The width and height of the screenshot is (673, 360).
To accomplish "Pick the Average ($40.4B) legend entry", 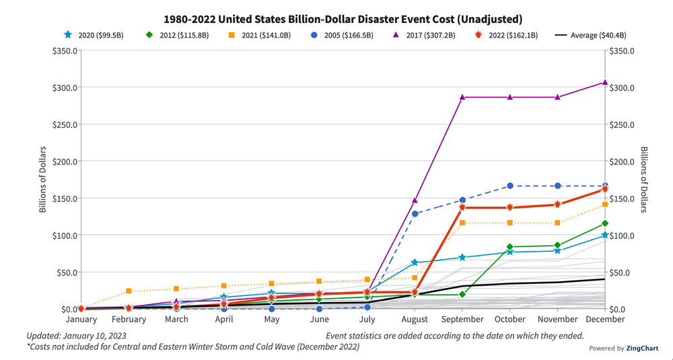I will [589, 36].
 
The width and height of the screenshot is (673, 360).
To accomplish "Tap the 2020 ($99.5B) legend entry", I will [95, 36].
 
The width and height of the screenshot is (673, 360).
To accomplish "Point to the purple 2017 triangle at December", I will [604, 82].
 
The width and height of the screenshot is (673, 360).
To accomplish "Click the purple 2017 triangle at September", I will [462, 98].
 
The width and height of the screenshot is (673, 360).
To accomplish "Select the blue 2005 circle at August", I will [415, 214].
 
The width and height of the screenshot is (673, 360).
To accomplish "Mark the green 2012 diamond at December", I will [604, 223].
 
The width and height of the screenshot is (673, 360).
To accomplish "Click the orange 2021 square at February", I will [129, 291].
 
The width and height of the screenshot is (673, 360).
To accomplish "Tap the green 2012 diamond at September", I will [462, 295].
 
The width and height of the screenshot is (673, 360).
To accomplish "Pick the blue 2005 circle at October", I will [509, 186].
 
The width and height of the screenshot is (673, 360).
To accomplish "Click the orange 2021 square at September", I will [462, 223].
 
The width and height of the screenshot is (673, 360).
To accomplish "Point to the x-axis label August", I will [415, 319].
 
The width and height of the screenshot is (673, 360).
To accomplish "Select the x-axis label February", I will [129, 319].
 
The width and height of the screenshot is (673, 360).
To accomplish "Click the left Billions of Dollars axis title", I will [42, 179].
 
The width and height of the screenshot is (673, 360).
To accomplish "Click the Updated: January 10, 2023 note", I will [76, 335].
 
